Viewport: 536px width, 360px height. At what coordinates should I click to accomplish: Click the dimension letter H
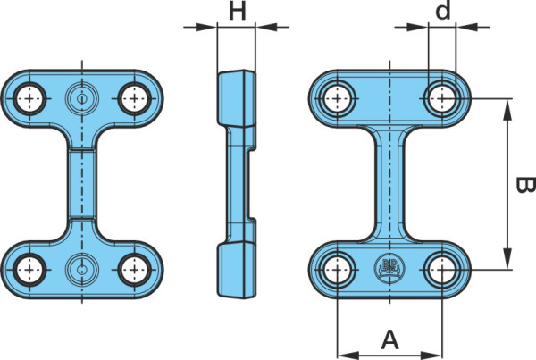point(237,11)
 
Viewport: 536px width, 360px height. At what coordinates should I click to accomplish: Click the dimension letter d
point(443,11)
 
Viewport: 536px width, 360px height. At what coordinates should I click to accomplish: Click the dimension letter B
point(525,185)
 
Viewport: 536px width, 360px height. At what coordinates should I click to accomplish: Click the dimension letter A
point(389,339)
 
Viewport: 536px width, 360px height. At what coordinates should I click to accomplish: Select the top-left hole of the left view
point(29,98)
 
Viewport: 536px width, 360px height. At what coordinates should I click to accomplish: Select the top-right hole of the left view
point(134,98)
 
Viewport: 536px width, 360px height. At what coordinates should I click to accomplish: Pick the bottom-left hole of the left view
point(29,270)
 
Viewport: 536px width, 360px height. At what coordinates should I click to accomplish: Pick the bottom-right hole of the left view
point(134,270)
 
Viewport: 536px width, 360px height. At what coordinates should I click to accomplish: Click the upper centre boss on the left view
point(81,98)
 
